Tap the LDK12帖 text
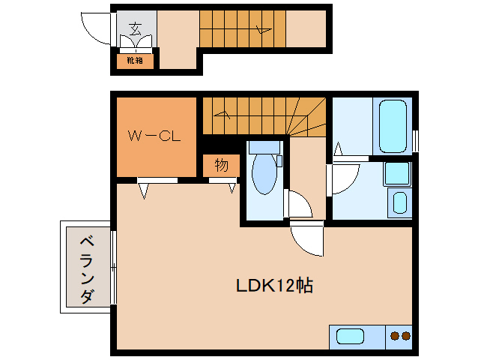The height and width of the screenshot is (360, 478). click(274, 286)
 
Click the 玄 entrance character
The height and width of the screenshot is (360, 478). click(136, 30)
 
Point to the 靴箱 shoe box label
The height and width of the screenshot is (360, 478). click(135, 60)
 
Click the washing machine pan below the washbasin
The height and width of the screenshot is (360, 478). click(399, 203)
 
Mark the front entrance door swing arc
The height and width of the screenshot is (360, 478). click(95, 28)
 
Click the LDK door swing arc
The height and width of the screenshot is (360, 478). click(308, 238)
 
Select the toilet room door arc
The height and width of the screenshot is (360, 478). click(297, 204)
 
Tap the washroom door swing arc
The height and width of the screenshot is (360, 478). click(345, 178)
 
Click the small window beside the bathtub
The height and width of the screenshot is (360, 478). click(414, 140)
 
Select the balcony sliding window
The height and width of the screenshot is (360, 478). click(114, 266)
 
